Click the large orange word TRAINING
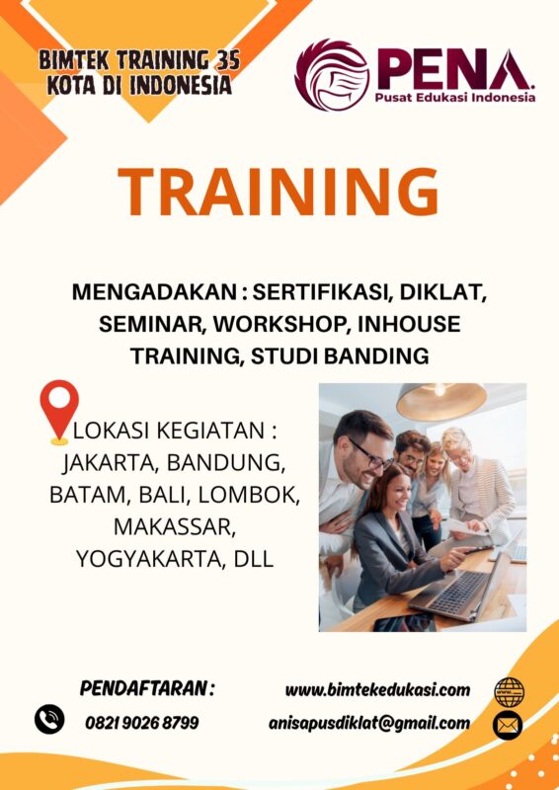278,192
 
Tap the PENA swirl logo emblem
332,76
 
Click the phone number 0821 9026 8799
141,724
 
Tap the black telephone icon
49,719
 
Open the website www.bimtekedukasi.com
377,689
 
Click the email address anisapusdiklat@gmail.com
369,724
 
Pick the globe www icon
509,693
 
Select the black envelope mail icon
508,726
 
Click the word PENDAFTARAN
143,688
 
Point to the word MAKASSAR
175,527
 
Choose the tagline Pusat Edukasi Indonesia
454,97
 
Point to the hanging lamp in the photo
441,401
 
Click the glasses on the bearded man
370,454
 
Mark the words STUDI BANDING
340,356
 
